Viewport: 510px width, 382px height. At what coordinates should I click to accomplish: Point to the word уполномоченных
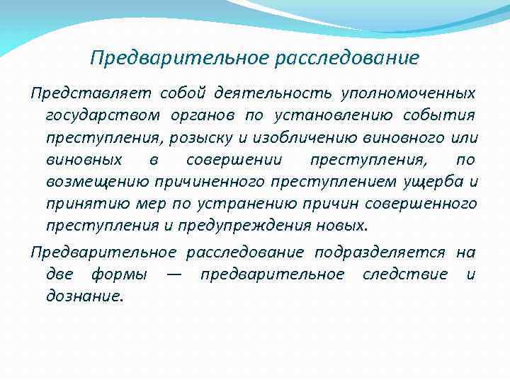[x=409, y=93]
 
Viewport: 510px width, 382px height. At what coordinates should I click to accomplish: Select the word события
[x=440, y=115]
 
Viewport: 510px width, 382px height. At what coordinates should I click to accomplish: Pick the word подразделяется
[x=380, y=253]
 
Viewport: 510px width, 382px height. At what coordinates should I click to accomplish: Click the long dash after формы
[x=174, y=274]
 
